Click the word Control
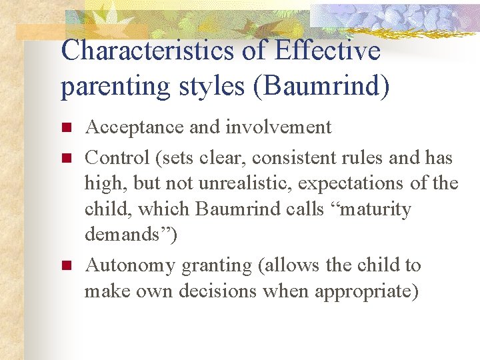(x=118, y=158)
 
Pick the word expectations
(x=357, y=183)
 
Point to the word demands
(x=127, y=235)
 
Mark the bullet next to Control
(x=65, y=159)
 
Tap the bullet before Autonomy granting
(x=65, y=266)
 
